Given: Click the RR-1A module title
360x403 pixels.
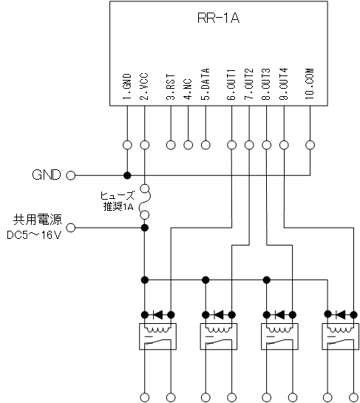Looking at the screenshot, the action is [x=218, y=18].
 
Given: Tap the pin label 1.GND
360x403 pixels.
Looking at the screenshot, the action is [x=127, y=87].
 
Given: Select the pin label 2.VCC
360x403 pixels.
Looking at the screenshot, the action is [x=144, y=87].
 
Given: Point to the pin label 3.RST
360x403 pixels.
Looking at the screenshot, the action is [x=171, y=87].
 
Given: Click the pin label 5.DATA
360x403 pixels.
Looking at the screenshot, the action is [x=206, y=84].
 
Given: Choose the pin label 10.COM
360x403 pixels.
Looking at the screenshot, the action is [x=310, y=84].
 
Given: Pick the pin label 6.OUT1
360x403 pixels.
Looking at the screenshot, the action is [x=231, y=84].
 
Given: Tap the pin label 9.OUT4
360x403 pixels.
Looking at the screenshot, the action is [x=284, y=84].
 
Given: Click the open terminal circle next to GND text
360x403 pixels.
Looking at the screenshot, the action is [x=71, y=175].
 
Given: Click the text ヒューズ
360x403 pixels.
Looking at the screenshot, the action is [x=118, y=196].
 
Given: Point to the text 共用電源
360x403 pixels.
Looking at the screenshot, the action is [x=38, y=220].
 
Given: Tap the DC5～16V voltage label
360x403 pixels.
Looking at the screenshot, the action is [x=34, y=235].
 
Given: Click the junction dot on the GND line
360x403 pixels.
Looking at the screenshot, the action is [x=127, y=175].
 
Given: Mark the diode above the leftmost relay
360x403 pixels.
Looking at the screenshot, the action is [x=157, y=314].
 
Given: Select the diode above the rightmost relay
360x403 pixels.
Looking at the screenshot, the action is [x=341, y=314].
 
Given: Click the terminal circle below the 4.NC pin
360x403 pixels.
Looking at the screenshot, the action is [x=188, y=145].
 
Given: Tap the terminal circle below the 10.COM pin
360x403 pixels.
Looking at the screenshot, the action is [x=310, y=145].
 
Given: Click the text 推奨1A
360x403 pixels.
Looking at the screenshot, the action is [x=118, y=206].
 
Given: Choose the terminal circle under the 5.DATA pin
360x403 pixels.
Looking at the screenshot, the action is [x=206, y=145].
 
